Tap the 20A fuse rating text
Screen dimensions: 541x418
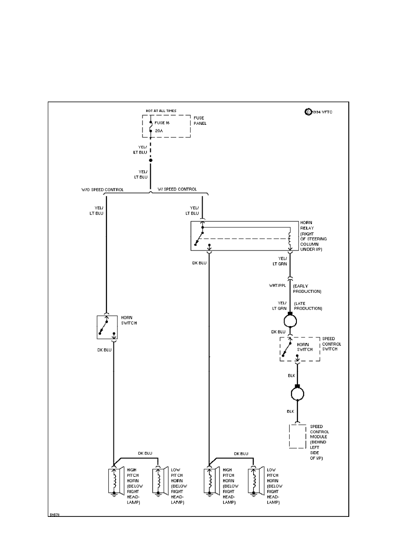tap(158, 131)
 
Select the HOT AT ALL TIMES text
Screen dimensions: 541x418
tap(161, 111)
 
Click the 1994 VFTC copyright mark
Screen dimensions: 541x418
tap(319, 112)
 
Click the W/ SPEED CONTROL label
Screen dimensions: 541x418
tap(178, 189)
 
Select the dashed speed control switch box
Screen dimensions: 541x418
tap(300, 349)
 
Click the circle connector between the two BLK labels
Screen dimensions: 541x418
tap(297, 393)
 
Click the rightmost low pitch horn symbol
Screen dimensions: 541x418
tap(254, 480)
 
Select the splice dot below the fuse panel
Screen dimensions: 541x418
tap(151, 160)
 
